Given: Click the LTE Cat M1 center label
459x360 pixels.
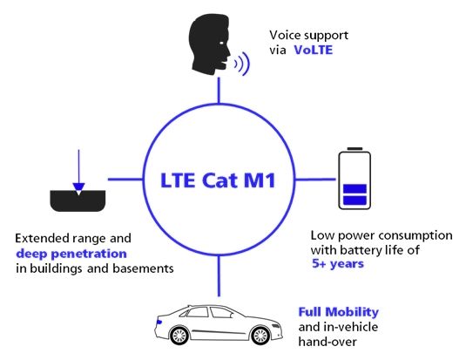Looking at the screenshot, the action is point(218,180).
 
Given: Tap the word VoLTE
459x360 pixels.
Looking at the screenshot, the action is point(314,50).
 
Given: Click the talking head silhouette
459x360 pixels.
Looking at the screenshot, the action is point(210,44).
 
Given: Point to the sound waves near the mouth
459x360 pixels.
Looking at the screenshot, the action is point(242,64).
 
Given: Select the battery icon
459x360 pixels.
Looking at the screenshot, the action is point(354,179).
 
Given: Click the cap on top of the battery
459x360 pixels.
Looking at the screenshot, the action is point(354,149).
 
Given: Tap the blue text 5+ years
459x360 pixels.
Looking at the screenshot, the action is point(338,264).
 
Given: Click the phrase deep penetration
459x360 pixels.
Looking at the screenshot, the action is point(71,254).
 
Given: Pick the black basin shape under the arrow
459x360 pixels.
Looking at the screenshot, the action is point(78,201).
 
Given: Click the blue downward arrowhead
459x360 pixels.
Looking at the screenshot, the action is point(78,187).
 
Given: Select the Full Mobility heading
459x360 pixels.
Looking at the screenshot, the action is point(339,312).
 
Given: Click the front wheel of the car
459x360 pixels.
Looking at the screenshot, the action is point(260,335).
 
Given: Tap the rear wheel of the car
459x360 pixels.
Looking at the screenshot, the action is point(179,335).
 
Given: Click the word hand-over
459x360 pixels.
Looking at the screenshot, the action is point(327,342).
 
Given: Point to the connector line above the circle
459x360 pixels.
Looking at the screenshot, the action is point(219,91).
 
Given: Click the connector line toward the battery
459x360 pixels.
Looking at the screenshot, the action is point(315,179).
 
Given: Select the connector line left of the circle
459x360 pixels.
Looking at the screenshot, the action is point(125,179).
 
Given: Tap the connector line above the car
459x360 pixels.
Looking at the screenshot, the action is point(219,275).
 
